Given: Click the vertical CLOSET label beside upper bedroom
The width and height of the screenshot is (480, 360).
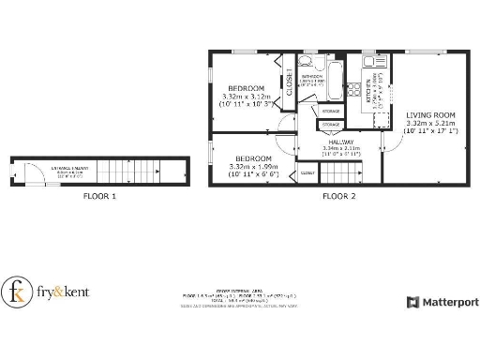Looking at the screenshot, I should tap(290, 82).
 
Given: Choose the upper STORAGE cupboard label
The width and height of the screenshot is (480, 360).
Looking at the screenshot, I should tap(331, 112).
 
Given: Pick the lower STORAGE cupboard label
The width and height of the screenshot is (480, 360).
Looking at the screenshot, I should tap(331, 124).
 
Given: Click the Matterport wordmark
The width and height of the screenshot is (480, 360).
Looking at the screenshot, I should tap(447, 302).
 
